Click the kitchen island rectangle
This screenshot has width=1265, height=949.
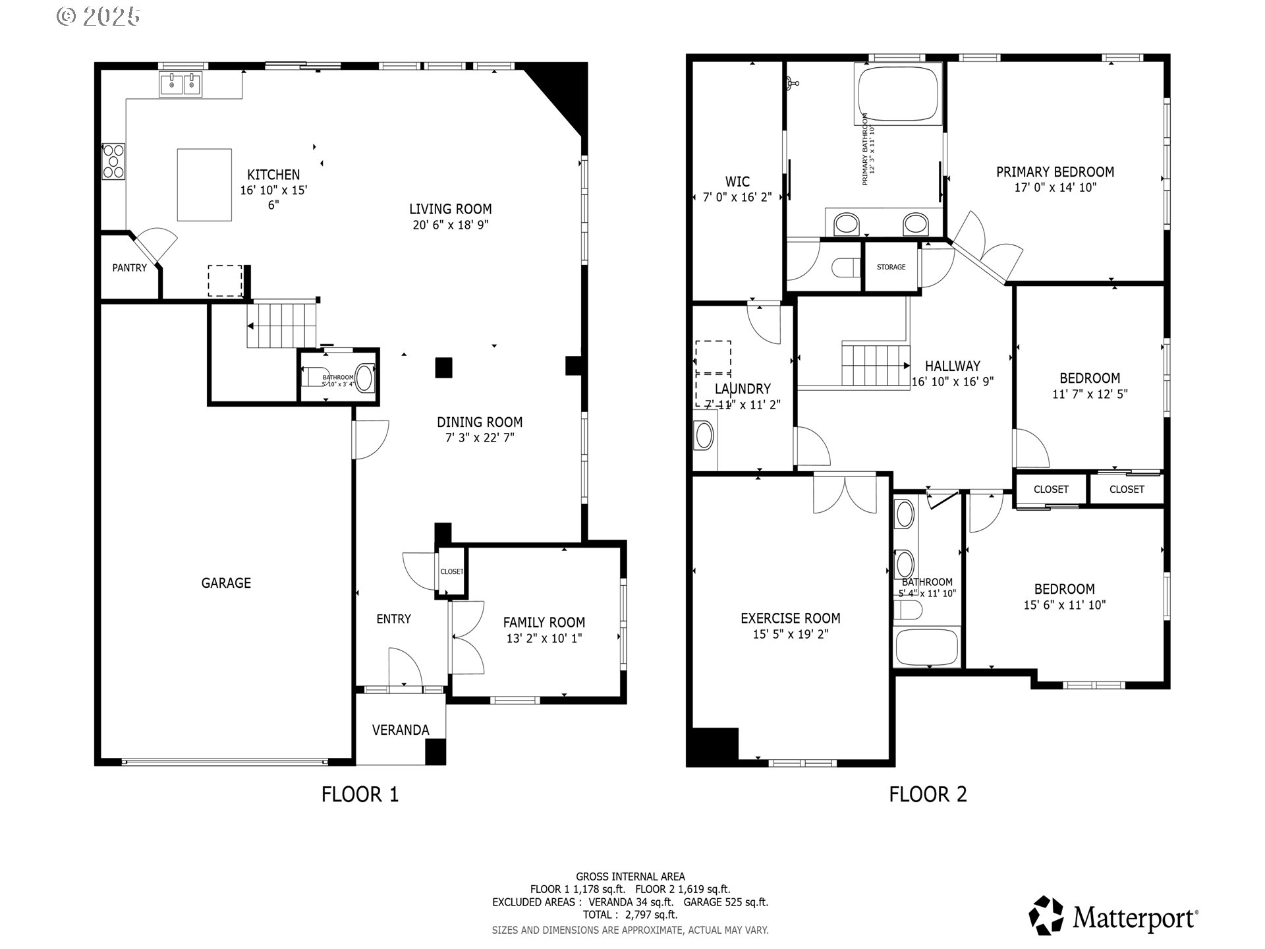pos(204,185)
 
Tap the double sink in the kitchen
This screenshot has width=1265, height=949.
pos(181,85)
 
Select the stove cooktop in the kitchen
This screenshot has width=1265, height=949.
pos(113,161)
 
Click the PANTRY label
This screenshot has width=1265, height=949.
pos(129,268)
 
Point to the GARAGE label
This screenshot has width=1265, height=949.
pos(226,583)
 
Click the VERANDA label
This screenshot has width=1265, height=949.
pos(400,730)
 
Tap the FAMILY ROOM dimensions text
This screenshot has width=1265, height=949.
pos(544,638)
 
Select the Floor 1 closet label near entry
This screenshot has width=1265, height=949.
pos(451,571)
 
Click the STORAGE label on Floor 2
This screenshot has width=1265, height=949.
pos(891,267)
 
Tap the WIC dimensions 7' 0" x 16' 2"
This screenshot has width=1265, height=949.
pos(737,197)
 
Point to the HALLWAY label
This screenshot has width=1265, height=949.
pos(952,366)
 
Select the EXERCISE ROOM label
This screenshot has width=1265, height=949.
pos(790,618)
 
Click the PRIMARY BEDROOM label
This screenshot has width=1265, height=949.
pos(1055,172)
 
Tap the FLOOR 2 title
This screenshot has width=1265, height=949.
pos(928,794)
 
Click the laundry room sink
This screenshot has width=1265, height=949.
pos(704,436)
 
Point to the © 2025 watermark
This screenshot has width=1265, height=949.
pos(98,16)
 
